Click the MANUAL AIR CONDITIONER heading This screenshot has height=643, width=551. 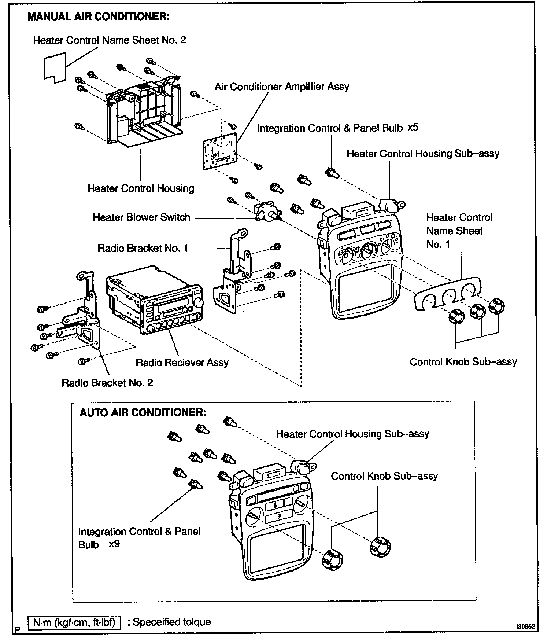98,17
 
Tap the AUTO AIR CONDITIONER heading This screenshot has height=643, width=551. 143,412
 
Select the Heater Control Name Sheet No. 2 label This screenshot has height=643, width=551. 109,40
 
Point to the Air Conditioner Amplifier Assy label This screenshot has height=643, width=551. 282,87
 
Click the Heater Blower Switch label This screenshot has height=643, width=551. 141,217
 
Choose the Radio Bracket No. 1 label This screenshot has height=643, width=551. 143,249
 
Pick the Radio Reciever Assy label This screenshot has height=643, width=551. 182,363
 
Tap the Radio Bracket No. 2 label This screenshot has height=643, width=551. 107,383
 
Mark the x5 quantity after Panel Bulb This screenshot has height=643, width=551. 413,128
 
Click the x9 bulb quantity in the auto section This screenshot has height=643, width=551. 114,544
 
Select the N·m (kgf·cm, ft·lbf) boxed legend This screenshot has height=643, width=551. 74,622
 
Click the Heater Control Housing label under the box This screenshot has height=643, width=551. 141,188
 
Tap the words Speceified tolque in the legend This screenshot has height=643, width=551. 171,622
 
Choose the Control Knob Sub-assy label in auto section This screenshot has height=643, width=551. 384,476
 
